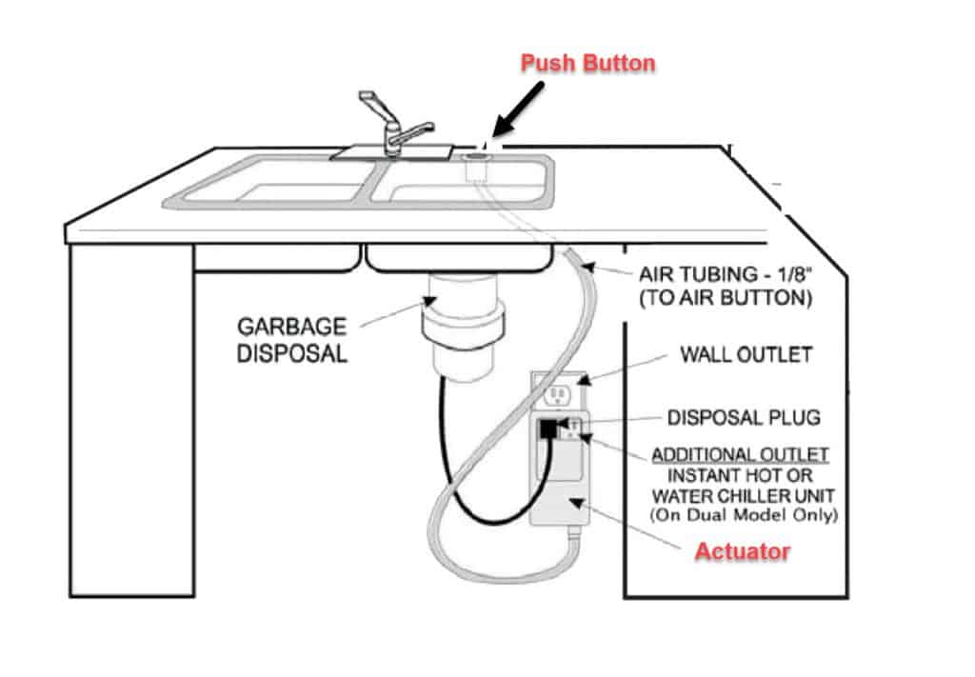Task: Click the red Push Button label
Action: (x=587, y=64)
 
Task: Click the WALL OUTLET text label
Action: (x=745, y=355)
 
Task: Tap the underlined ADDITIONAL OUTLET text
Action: (x=740, y=454)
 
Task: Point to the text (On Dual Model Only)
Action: (x=744, y=515)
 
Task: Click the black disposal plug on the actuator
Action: (x=548, y=428)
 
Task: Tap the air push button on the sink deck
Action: (x=477, y=151)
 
